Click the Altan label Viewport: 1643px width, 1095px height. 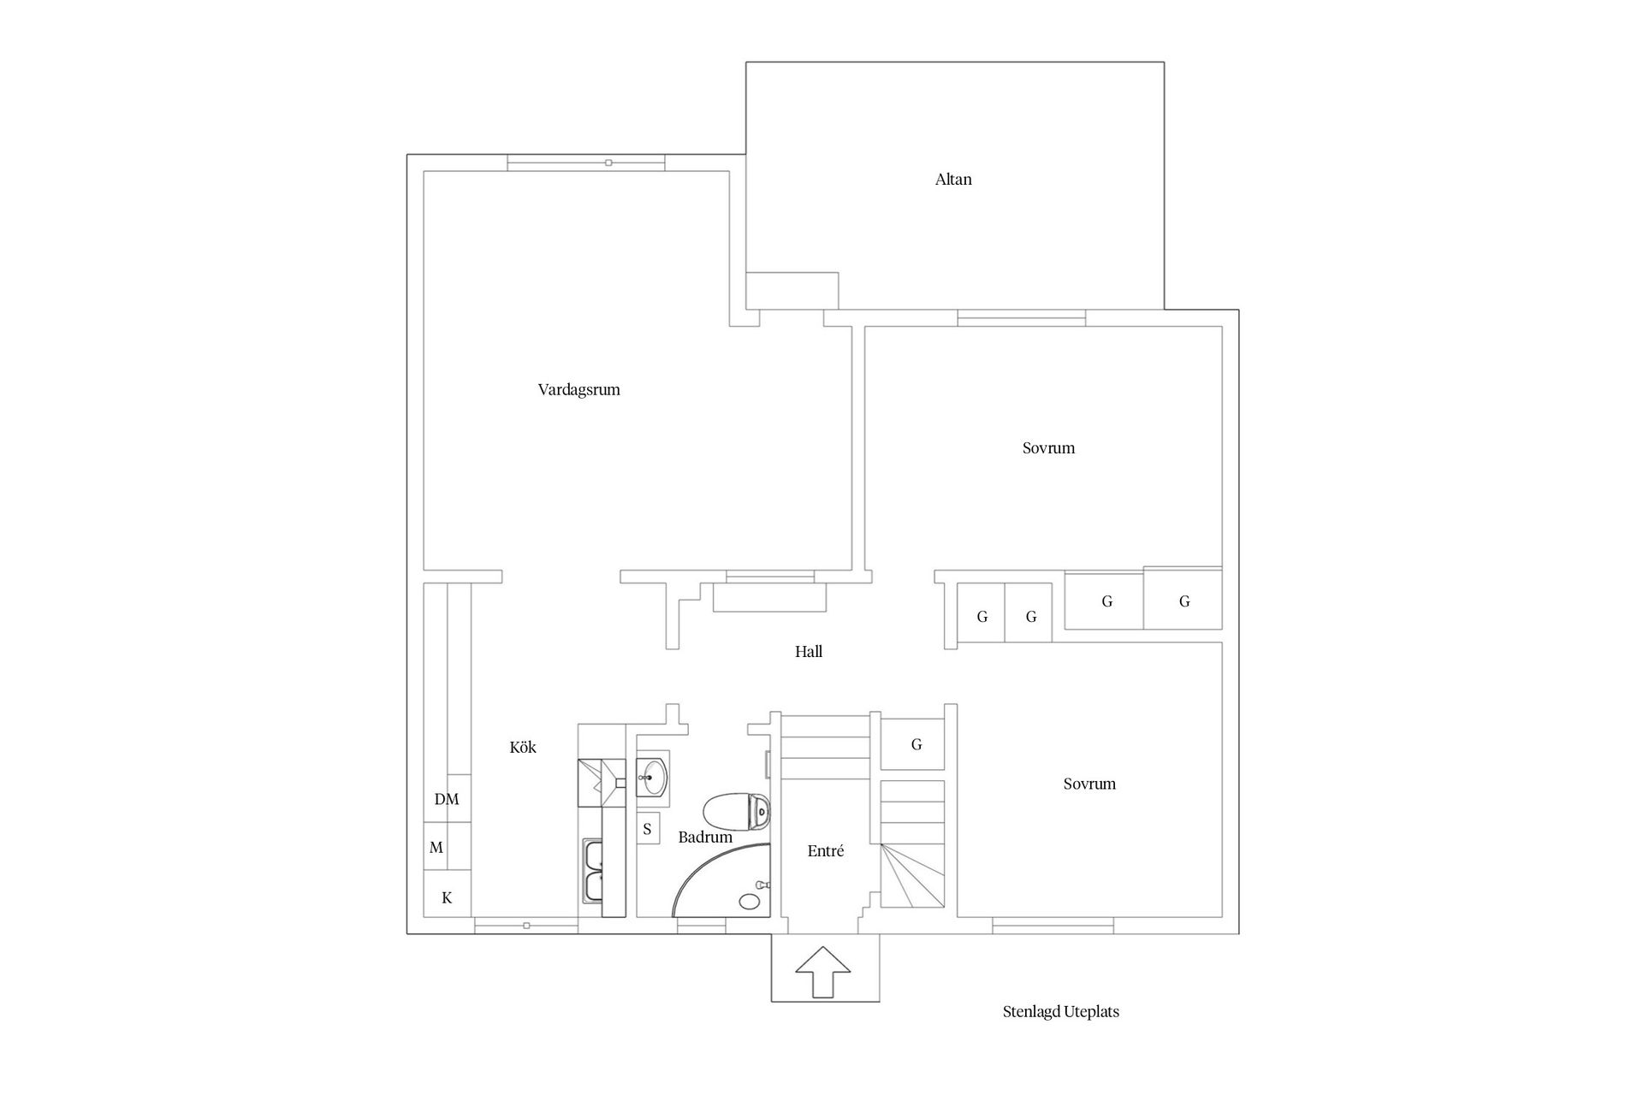(953, 180)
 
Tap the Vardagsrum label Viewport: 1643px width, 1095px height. (578, 390)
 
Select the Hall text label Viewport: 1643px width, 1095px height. (809, 652)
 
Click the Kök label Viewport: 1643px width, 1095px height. (523, 748)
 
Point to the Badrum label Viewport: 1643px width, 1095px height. (705, 838)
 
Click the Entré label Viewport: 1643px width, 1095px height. (826, 851)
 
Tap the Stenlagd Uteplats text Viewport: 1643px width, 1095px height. (1060, 1012)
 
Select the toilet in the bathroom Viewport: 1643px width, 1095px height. (737, 811)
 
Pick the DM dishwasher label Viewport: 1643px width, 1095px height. (447, 800)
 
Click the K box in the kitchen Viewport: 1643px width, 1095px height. (447, 898)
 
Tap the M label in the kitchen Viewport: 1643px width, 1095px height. (436, 848)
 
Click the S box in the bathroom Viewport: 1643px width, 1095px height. (648, 829)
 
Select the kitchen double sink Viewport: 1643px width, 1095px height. (592, 870)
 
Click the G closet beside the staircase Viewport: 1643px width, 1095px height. (916, 745)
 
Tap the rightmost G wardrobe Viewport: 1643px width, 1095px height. (1183, 602)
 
